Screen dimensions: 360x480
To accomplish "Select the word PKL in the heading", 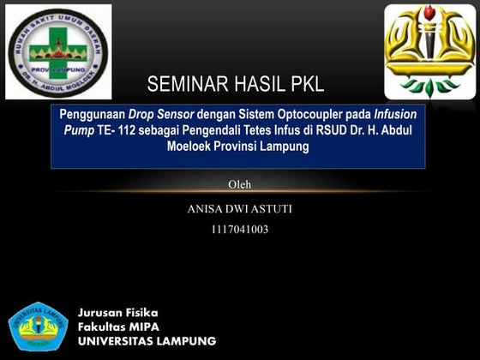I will coord(306,85).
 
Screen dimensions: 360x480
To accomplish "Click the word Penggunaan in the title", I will coord(92,114).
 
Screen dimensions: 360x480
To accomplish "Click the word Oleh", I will coord(239,184).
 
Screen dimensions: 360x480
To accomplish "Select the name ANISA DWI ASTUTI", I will coord(239,208).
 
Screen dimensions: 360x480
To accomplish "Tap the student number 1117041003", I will coord(239,229).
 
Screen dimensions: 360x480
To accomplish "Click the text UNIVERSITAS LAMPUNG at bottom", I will coord(147,341).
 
